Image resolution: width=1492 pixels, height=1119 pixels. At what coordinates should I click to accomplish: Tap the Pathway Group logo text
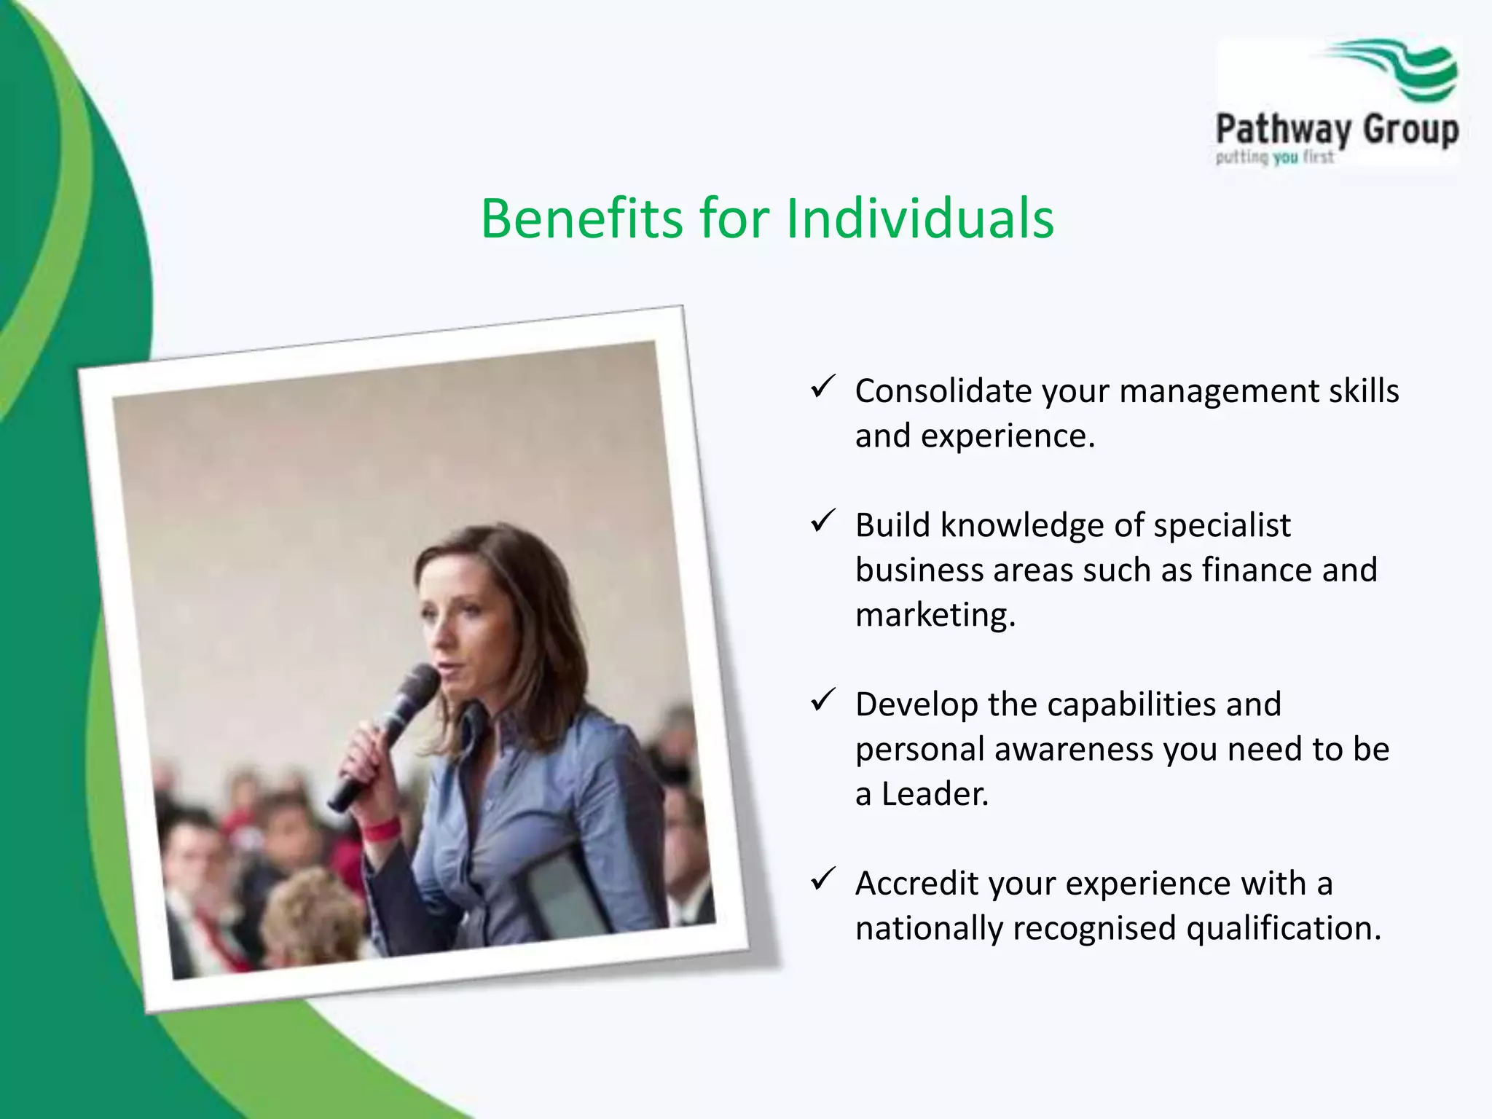[1337, 130]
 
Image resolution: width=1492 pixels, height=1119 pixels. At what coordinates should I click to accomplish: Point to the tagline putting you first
[1274, 157]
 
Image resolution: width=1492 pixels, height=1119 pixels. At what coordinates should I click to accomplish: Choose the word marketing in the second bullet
[935, 616]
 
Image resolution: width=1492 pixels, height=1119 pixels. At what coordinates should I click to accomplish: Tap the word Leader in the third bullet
[934, 794]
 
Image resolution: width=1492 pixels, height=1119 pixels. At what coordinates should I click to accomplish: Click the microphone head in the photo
[418, 686]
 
